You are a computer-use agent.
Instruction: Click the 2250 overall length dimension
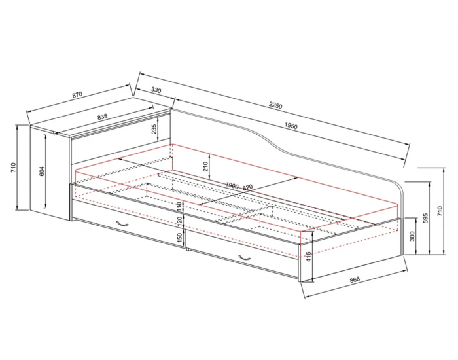pos(275,105)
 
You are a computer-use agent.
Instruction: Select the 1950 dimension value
pos(291,126)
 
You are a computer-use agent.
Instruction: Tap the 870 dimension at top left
pos(77,95)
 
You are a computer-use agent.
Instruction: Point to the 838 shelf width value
pos(102,117)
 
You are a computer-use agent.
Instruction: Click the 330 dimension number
pos(156,90)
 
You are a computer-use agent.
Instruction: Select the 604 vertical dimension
pos(42,171)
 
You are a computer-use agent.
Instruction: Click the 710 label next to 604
pos(14,167)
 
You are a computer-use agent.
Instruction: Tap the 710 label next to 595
pos(440,211)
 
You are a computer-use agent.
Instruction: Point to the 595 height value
pos(425,218)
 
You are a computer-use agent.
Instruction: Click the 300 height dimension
pos(412,236)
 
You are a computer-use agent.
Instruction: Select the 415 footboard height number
pos(309,257)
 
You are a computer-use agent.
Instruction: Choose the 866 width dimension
pos(355,279)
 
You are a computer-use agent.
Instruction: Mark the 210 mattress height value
pos(206,166)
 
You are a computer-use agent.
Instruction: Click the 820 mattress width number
pos(247,187)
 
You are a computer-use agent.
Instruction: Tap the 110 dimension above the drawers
pos(180,207)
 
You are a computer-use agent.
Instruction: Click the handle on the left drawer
pos(122,223)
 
